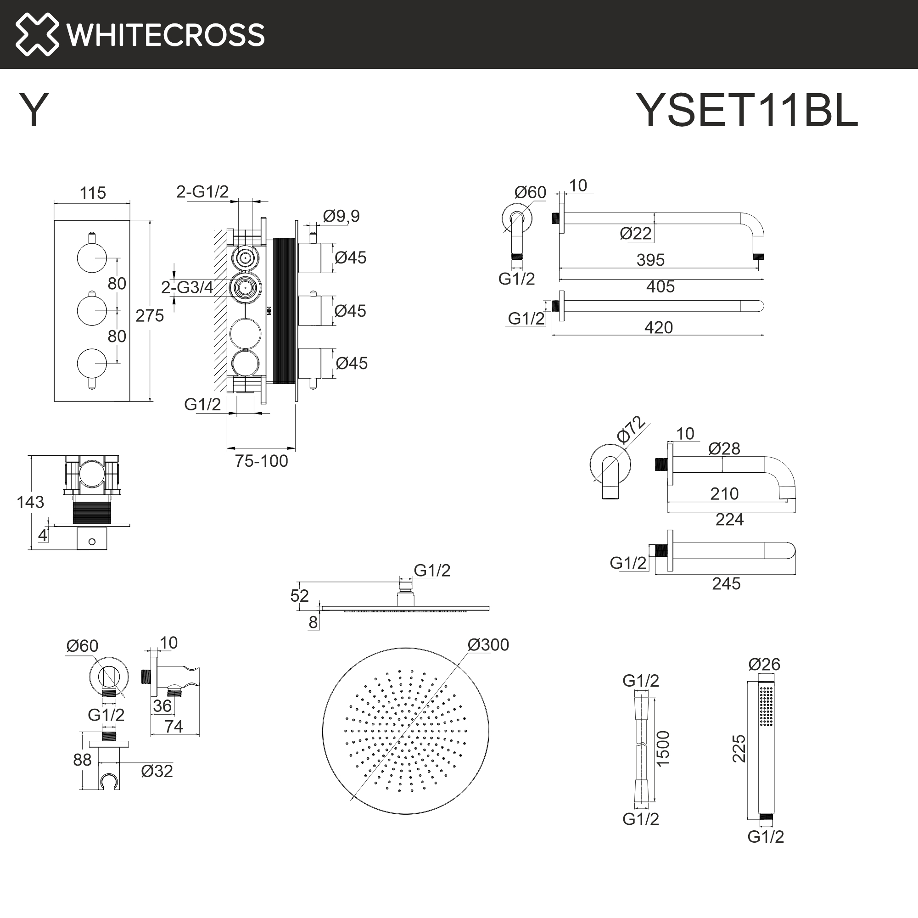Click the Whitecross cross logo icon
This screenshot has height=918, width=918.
(x=37, y=34)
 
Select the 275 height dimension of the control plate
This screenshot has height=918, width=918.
(x=149, y=315)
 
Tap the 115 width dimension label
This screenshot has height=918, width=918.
(x=93, y=193)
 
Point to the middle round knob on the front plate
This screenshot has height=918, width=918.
(x=92, y=310)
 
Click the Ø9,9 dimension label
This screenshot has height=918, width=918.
(x=341, y=216)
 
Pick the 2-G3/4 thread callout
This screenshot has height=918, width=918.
(x=187, y=287)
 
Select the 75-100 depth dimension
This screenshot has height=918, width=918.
(x=261, y=461)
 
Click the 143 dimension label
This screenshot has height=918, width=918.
(x=30, y=502)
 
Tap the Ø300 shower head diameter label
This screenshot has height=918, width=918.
(x=488, y=645)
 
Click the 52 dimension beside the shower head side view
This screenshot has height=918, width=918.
(x=299, y=596)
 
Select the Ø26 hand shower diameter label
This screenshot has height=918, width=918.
(x=764, y=664)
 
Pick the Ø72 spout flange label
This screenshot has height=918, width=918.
(x=631, y=430)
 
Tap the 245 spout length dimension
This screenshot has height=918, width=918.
(x=726, y=583)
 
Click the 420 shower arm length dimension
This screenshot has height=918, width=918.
(x=658, y=327)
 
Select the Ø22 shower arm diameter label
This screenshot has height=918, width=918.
(x=635, y=233)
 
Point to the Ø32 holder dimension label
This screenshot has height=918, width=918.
(x=157, y=771)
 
